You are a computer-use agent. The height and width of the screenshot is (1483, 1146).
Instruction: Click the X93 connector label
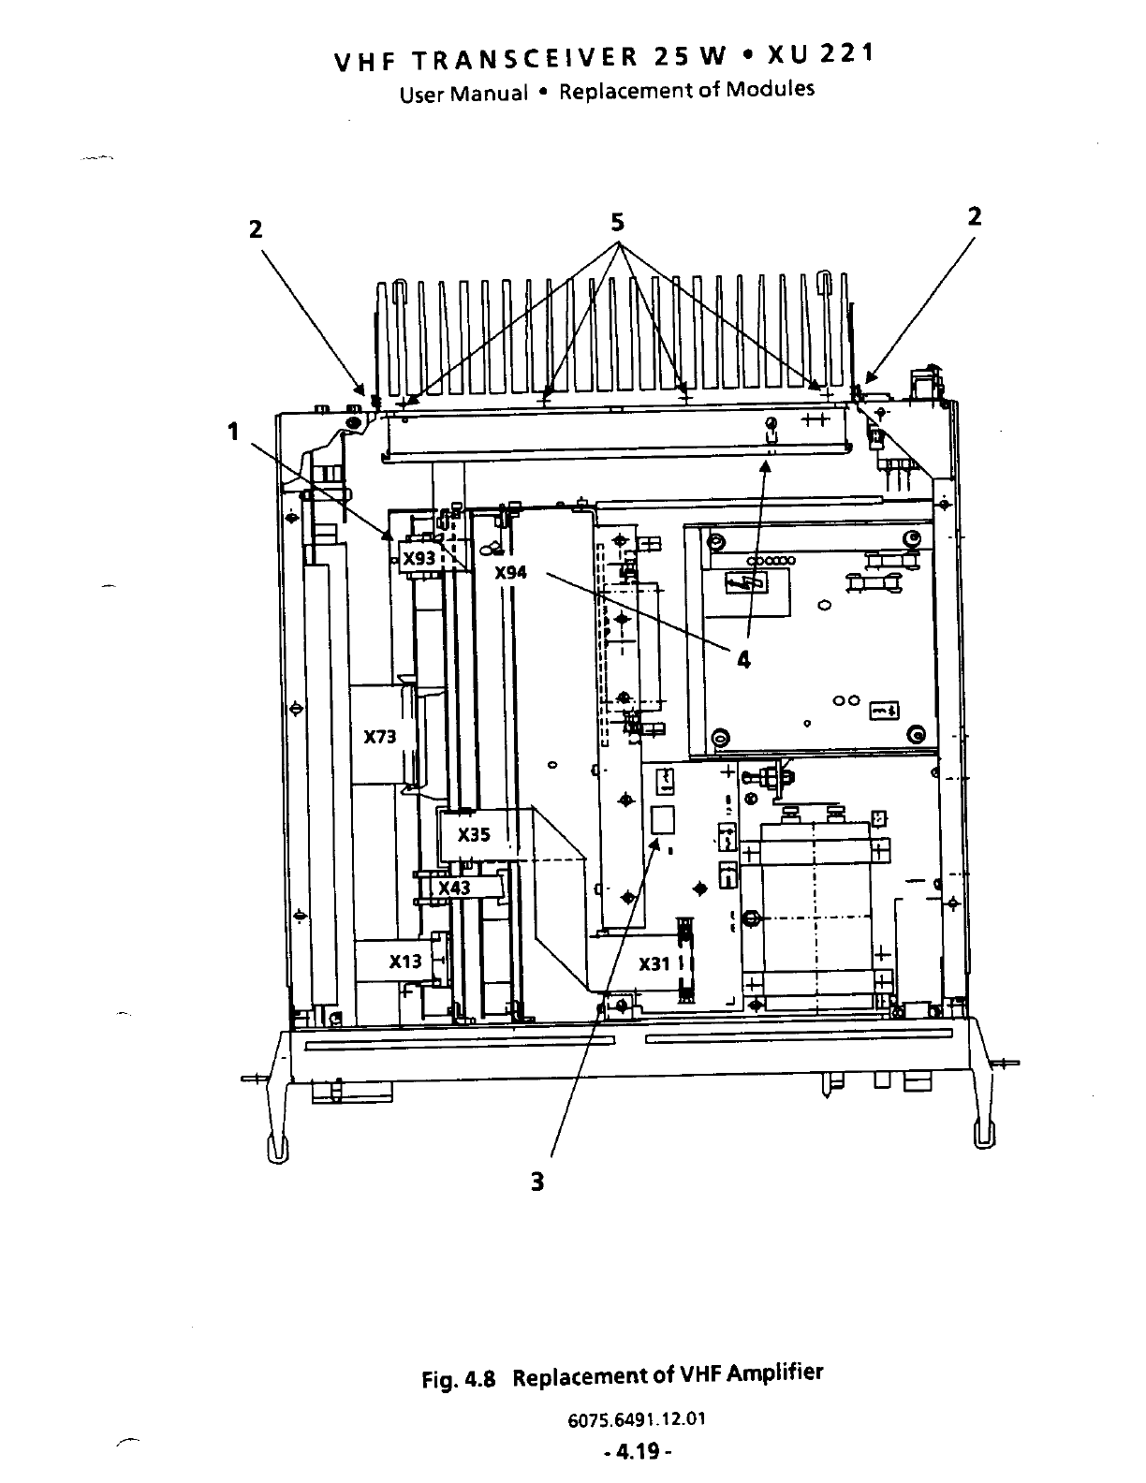click(x=419, y=559)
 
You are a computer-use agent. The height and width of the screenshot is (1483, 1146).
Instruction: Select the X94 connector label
click(x=510, y=572)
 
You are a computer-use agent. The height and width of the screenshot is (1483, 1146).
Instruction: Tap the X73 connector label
click(x=380, y=737)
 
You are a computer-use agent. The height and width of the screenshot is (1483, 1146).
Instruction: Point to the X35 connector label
click(x=474, y=835)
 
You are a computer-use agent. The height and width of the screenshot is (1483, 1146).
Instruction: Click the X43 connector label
click(x=455, y=888)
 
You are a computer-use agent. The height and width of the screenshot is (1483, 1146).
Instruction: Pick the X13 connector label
click(x=405, y=962)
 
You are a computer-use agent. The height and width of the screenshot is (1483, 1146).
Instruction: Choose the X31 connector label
click(x=654, y=964)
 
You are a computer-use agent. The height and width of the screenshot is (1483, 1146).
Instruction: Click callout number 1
click(x=233, y=432)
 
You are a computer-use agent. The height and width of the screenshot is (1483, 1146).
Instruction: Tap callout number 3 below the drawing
click(x=536, y=1182)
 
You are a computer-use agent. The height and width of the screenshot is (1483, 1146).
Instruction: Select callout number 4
click(x=743, y=660)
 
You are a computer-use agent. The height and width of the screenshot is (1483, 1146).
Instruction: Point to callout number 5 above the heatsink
click(x=617, y=223)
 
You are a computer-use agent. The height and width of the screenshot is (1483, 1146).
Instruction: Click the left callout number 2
click(x=256, y=228)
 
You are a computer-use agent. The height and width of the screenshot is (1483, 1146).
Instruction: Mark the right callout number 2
click(x=975, y=216)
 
